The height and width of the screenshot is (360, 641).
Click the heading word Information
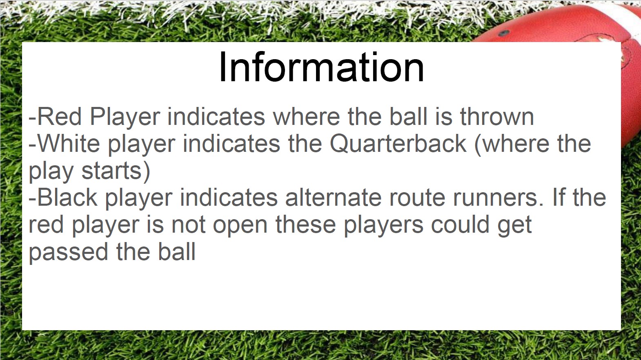pyautogui.click(x=321, y=67)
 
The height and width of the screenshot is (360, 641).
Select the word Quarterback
pyautogui.click(x=398, y=144)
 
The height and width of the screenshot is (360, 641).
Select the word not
pyautogui.click(x=188, y=224)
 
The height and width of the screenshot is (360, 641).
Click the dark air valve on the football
pyautogui.click(x=503, y=33)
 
